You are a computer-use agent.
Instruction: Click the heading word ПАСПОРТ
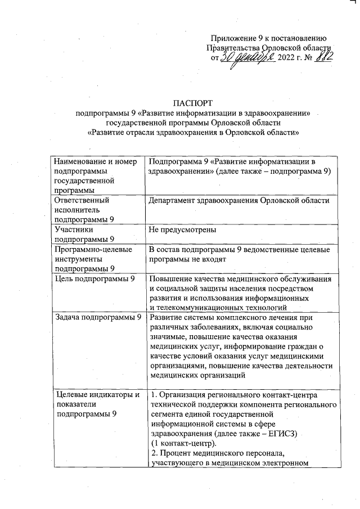coord(193,103)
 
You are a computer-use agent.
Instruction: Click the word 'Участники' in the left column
coord(74,229)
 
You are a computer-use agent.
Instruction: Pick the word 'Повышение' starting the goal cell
coord(171,280)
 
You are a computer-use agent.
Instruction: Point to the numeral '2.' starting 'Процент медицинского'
coord(154,453)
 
